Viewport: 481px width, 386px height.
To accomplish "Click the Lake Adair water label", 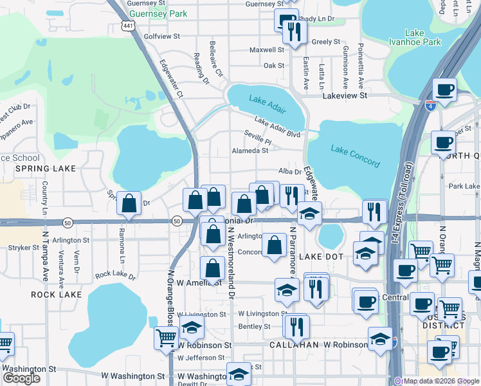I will [266, 100].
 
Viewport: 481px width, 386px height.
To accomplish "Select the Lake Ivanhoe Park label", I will [423, 37].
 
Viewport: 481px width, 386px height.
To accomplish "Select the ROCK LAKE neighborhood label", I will [57, 294].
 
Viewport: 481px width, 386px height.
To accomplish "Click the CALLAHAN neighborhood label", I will [293, 345].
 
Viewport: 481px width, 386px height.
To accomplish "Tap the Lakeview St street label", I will [345, 95].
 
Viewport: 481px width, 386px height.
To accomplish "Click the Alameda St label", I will [250, 151].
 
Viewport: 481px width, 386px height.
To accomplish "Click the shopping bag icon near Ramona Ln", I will [130, 203].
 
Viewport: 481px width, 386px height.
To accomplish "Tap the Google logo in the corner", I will [21, 378].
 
